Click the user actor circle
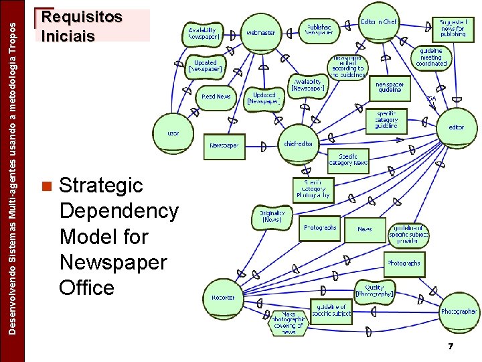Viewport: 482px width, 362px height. (173, 133)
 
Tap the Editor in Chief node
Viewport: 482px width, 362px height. (379, 23)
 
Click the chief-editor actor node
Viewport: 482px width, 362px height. (299, 143)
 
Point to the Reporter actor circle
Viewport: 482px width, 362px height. (224, 297)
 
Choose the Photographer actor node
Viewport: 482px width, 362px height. (459, 311)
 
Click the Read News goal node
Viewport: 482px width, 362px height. (216, 97)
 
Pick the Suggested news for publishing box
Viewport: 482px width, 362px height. (453, 27)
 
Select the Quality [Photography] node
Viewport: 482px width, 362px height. (375, 290)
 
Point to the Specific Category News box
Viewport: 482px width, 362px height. (348, 159)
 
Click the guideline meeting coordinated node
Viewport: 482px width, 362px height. (431, 58)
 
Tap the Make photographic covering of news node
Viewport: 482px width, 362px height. (289, 322)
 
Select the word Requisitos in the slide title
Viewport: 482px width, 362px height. (82, 17)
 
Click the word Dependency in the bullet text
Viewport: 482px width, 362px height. (118, 211)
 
